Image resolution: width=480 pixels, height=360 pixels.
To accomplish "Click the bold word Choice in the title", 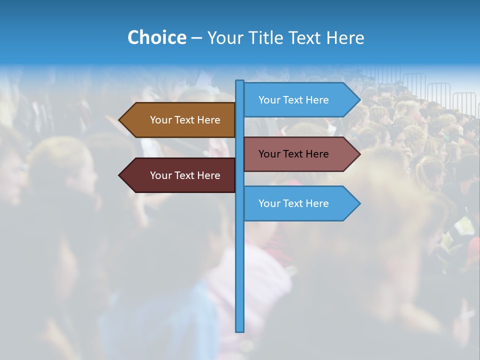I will (156, 37).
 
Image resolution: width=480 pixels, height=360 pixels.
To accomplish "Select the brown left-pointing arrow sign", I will (177, 120).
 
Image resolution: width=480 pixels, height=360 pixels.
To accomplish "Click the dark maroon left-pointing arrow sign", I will (177, 175).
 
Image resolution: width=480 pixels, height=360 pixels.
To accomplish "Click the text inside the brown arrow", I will (185, 120).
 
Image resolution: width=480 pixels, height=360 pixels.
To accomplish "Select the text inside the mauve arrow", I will (293, 154).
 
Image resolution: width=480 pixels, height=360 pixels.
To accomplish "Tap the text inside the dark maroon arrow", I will (185, 175).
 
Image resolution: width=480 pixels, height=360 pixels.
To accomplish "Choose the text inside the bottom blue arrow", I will (293, 203).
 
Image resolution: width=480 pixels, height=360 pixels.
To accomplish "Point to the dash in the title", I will (196, 38).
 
